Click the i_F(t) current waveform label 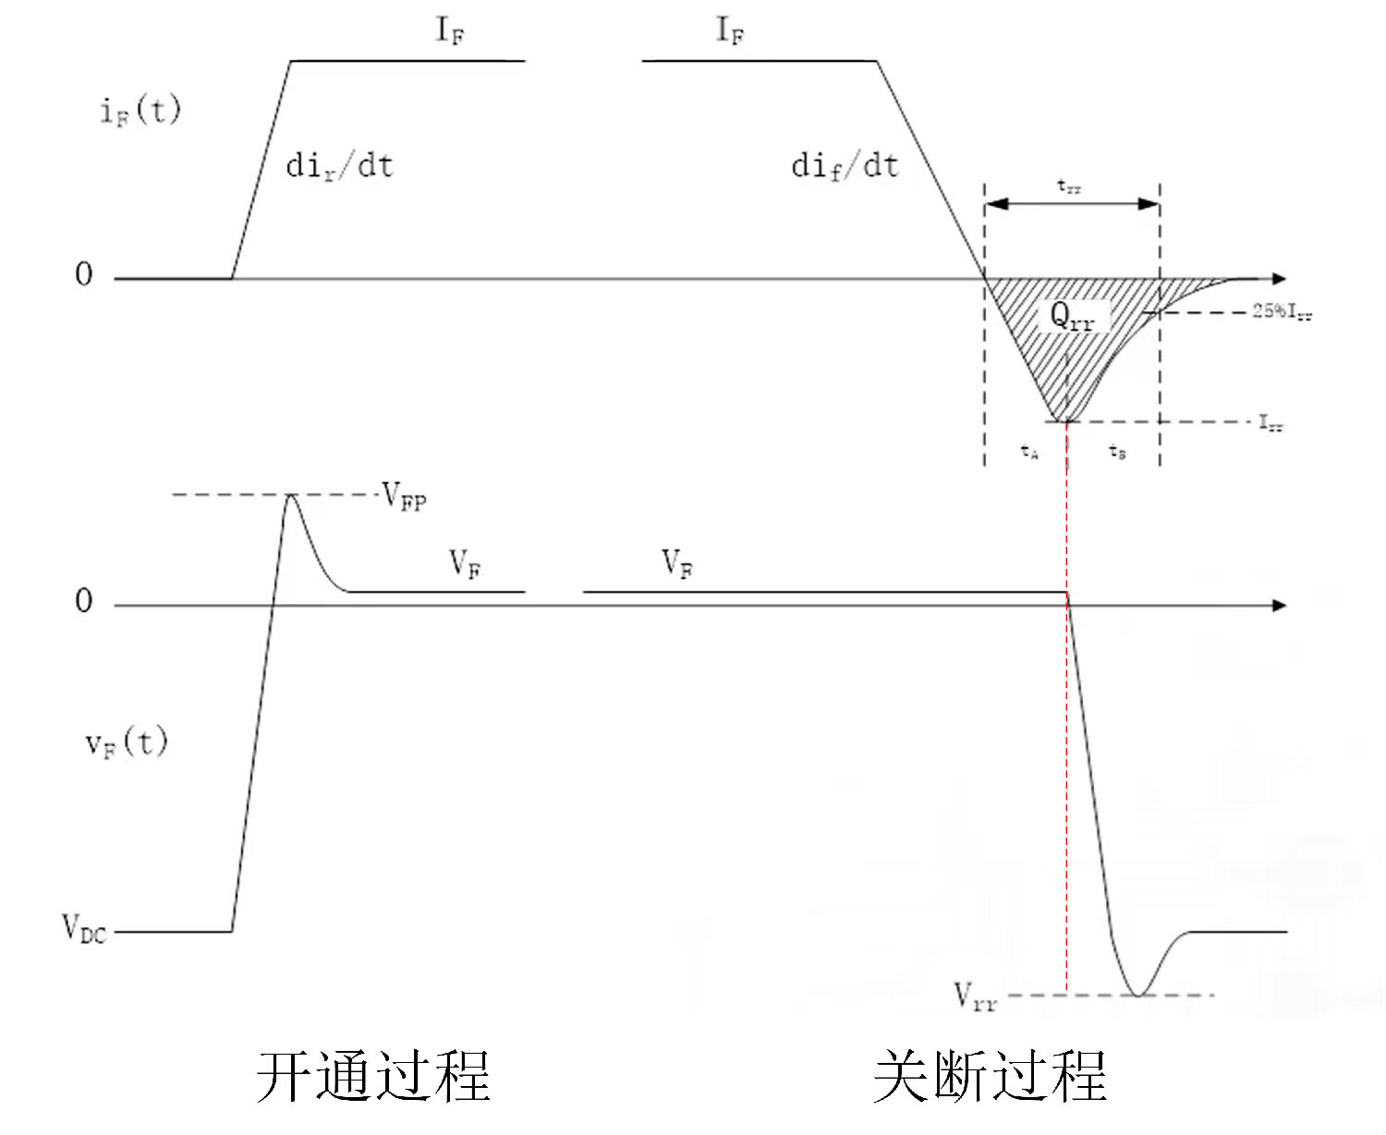tap(140, 111)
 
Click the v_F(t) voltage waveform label tap(127, 742)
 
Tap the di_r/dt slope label tap(339, 166)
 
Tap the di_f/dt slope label tap(845, 166)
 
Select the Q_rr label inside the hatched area tap(1072, 317)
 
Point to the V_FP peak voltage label tap(404, 498)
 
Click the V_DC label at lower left tap(83, 928)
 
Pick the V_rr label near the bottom tap(975, 997)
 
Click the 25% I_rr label tap(1282, 312)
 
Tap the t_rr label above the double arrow tap(1069, 187)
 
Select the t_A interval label tap(1029, 452)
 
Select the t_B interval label tap(1117, 452)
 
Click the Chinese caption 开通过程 tap(372, 1076)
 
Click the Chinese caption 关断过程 tap(990, 1076)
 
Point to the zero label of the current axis tap(84, 274)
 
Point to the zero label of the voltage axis tap(84, 601)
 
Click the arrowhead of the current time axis tap(1279, 278)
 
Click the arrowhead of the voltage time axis tap(1279, 605)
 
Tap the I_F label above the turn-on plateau tap(450, 31)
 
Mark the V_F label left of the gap tap(465, 562)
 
